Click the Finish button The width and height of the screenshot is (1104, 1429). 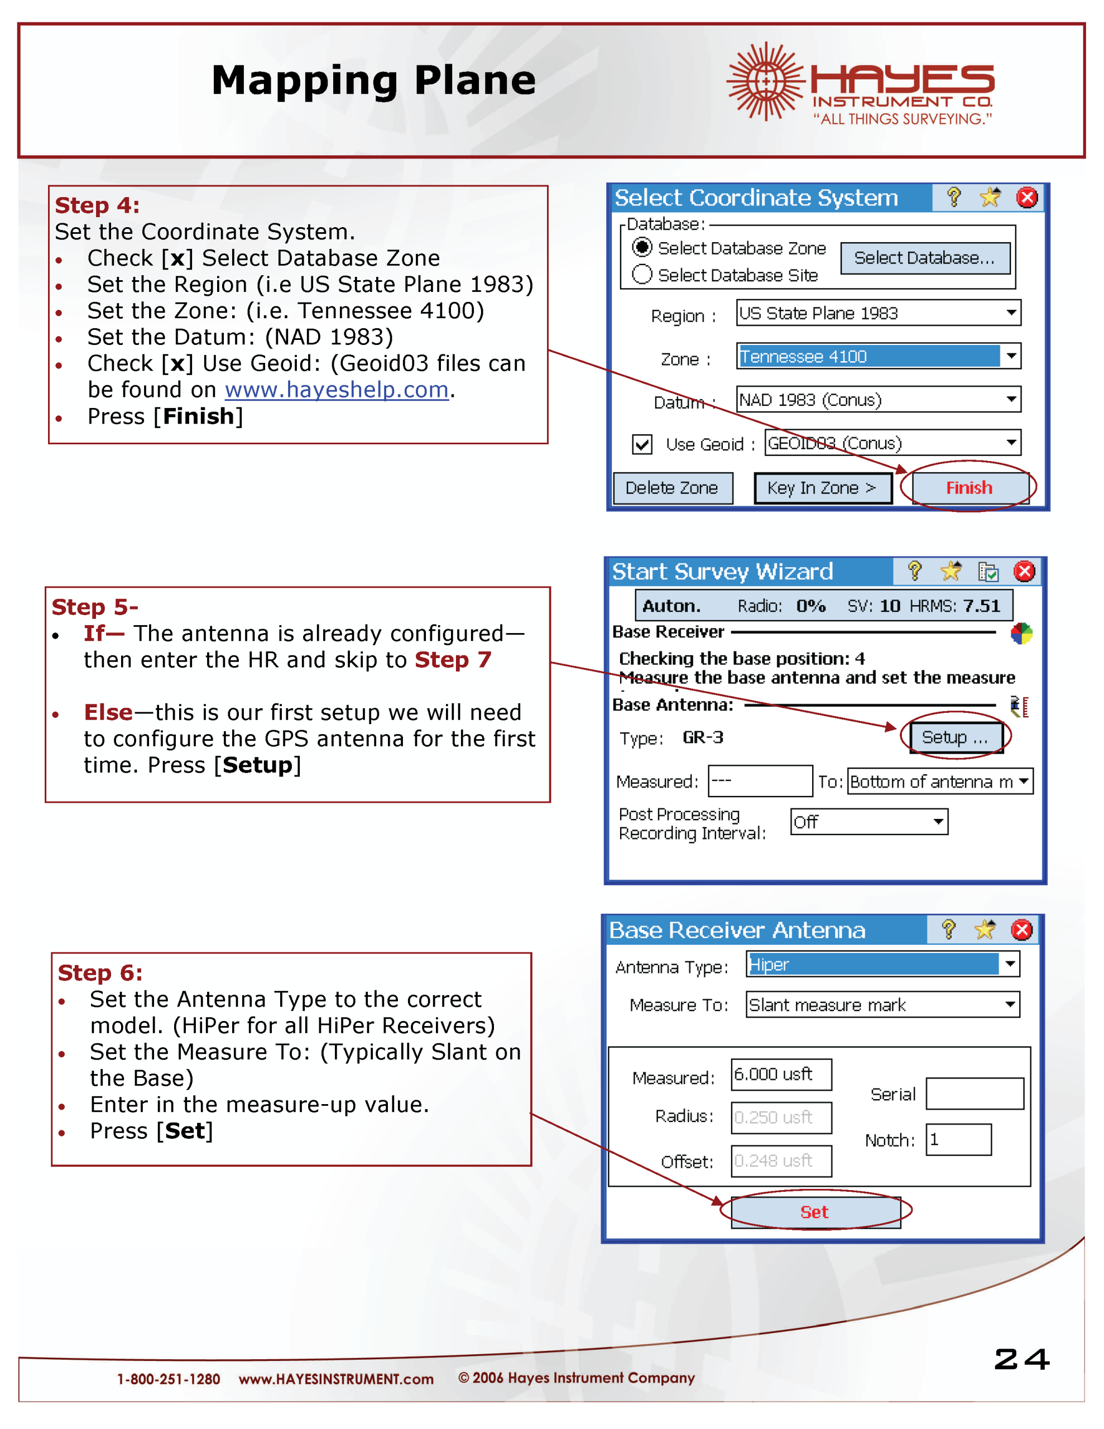click(968, 487)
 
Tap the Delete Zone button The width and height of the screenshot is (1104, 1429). click(671, 488)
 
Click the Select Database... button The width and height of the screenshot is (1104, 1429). click(924, 258)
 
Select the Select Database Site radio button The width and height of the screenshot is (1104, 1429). click(642, 275)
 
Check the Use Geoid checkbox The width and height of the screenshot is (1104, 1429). click(642, 444)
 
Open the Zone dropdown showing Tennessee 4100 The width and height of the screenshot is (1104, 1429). click(1011, 356)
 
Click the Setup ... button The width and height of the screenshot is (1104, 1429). click(955, 737)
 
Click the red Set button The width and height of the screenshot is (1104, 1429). click(815, 1212)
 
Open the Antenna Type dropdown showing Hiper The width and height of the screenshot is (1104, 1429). click(1010, 964)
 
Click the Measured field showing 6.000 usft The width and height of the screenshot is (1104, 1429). click(781, 1075)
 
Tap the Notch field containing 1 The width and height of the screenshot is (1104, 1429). click(958, 1140)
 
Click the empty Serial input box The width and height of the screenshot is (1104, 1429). click(975, 1094)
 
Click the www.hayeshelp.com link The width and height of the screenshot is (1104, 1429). click(337, 390)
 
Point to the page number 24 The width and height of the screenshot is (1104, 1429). click(1021, 1359)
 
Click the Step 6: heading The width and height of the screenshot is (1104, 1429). click(100, 973)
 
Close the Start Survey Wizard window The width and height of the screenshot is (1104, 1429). click(1024, 571)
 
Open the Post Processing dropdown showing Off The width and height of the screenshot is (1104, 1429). click(938, 821)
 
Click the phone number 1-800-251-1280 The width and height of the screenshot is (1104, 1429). click(168, 1379)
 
